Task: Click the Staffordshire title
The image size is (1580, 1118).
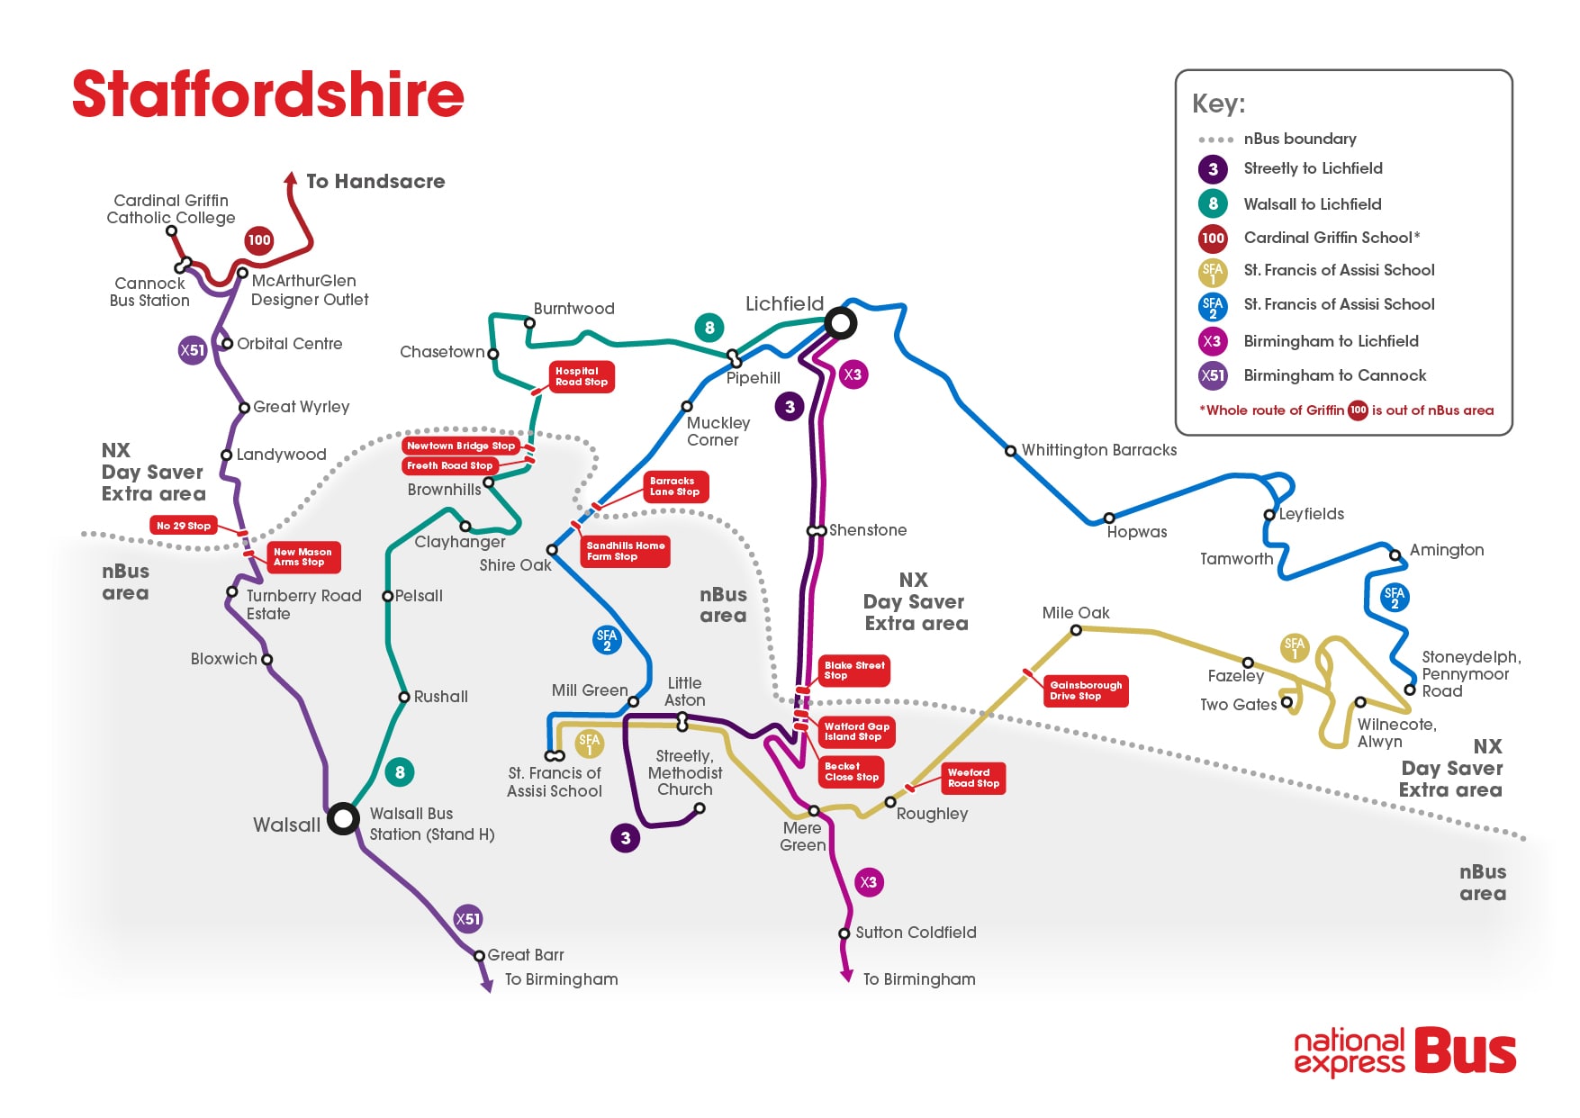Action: point(267,95)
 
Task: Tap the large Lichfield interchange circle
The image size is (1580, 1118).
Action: point(841,322)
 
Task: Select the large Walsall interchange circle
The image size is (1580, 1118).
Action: point(343,818)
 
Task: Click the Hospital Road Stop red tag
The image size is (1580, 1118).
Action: point(582,376)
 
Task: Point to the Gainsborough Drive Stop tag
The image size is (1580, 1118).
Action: point(1086,690)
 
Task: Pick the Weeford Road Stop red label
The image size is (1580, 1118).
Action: point(973,778)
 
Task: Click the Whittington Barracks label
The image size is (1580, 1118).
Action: point(1098,450)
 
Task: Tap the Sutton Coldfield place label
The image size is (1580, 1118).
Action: point(916,933)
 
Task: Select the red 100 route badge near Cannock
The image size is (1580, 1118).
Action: point(259,240)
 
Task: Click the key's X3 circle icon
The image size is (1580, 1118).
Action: point(1213,341)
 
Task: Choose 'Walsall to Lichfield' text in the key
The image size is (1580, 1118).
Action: point(1312,204)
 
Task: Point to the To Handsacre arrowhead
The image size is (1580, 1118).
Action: point(291,177)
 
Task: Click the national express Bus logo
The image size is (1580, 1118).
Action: point(1404,1051)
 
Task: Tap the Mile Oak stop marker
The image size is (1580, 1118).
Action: point(1076,630)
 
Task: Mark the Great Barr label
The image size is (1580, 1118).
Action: point(526,955)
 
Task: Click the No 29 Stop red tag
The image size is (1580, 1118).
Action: point(184,526)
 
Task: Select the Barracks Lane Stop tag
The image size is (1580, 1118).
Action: point(675,487)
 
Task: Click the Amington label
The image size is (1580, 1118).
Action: point(1446,550)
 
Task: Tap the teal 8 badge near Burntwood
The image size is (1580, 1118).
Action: point(709,328)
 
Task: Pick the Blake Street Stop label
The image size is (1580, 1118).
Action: point(853,671)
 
